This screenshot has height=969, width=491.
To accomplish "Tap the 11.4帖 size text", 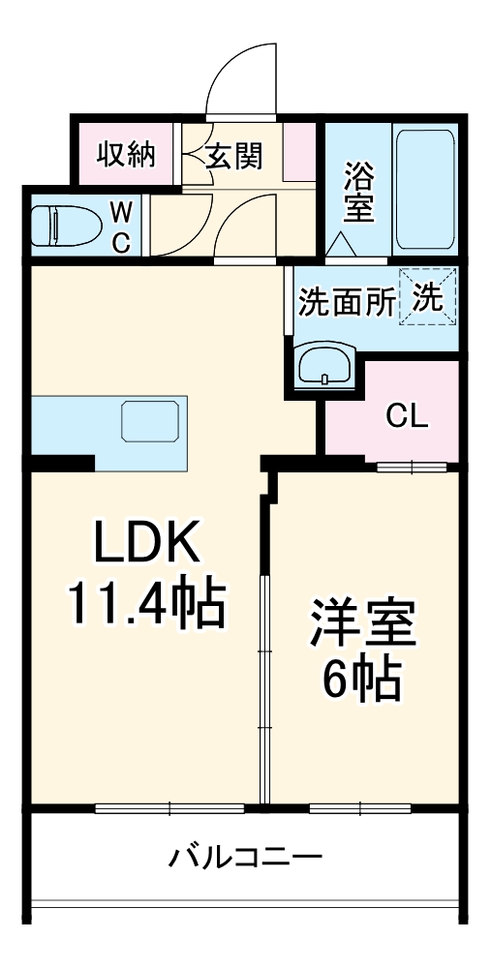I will click(145, 604).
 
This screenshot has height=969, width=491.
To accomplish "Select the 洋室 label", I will click(363, 624).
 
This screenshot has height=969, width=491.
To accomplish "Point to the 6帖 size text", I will click(363, 682).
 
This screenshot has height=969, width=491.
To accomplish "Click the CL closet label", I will click(406, 415).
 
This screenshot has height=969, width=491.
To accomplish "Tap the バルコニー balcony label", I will click(245, 858).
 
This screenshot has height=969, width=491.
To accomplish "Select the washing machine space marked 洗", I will click(429, 298).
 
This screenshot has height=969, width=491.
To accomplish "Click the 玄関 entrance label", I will click(234, 156).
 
